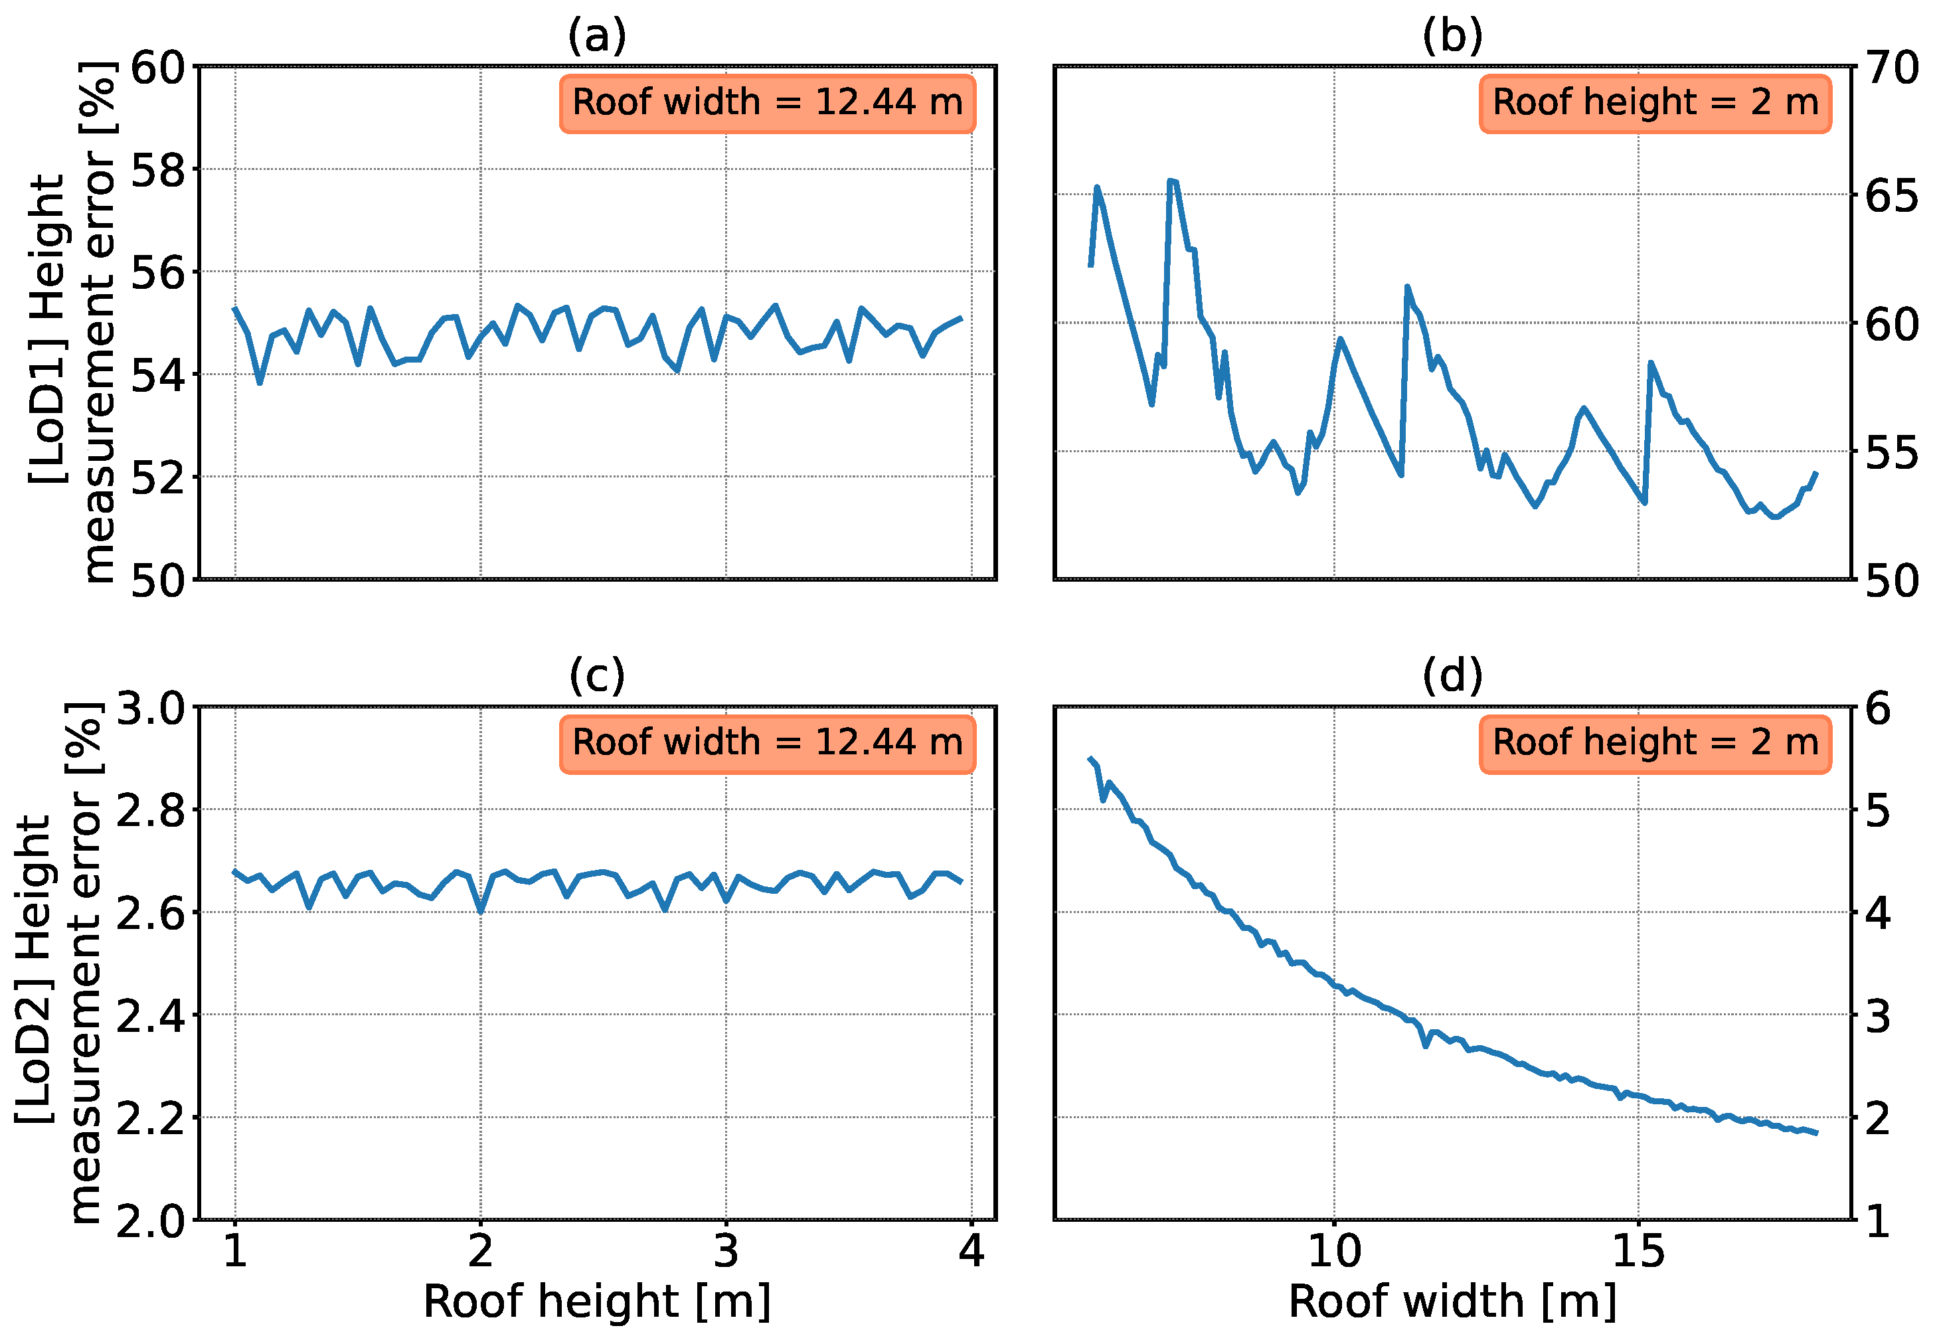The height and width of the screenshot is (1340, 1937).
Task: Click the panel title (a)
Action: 596,37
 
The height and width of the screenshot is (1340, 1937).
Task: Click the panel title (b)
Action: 1452,37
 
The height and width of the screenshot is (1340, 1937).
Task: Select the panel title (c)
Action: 596,677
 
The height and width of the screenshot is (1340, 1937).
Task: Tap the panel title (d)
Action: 1452,677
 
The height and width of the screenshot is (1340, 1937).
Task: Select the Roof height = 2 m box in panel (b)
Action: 1654,104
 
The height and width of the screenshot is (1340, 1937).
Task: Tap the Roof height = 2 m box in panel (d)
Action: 1654,743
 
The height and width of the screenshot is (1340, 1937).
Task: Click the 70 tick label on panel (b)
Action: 1892,68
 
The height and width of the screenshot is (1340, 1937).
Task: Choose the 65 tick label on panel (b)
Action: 1892,196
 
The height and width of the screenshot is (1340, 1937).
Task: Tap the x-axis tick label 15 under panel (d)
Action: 1638,1252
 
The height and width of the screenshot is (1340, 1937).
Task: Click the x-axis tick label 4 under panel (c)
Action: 971,1252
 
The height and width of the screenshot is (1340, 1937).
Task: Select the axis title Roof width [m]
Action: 1452,1302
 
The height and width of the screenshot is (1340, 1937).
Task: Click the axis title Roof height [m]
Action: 596,1302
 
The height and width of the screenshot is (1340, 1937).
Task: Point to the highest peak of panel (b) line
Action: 1171,181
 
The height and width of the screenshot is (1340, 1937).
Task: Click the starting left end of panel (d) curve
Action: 1090,758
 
